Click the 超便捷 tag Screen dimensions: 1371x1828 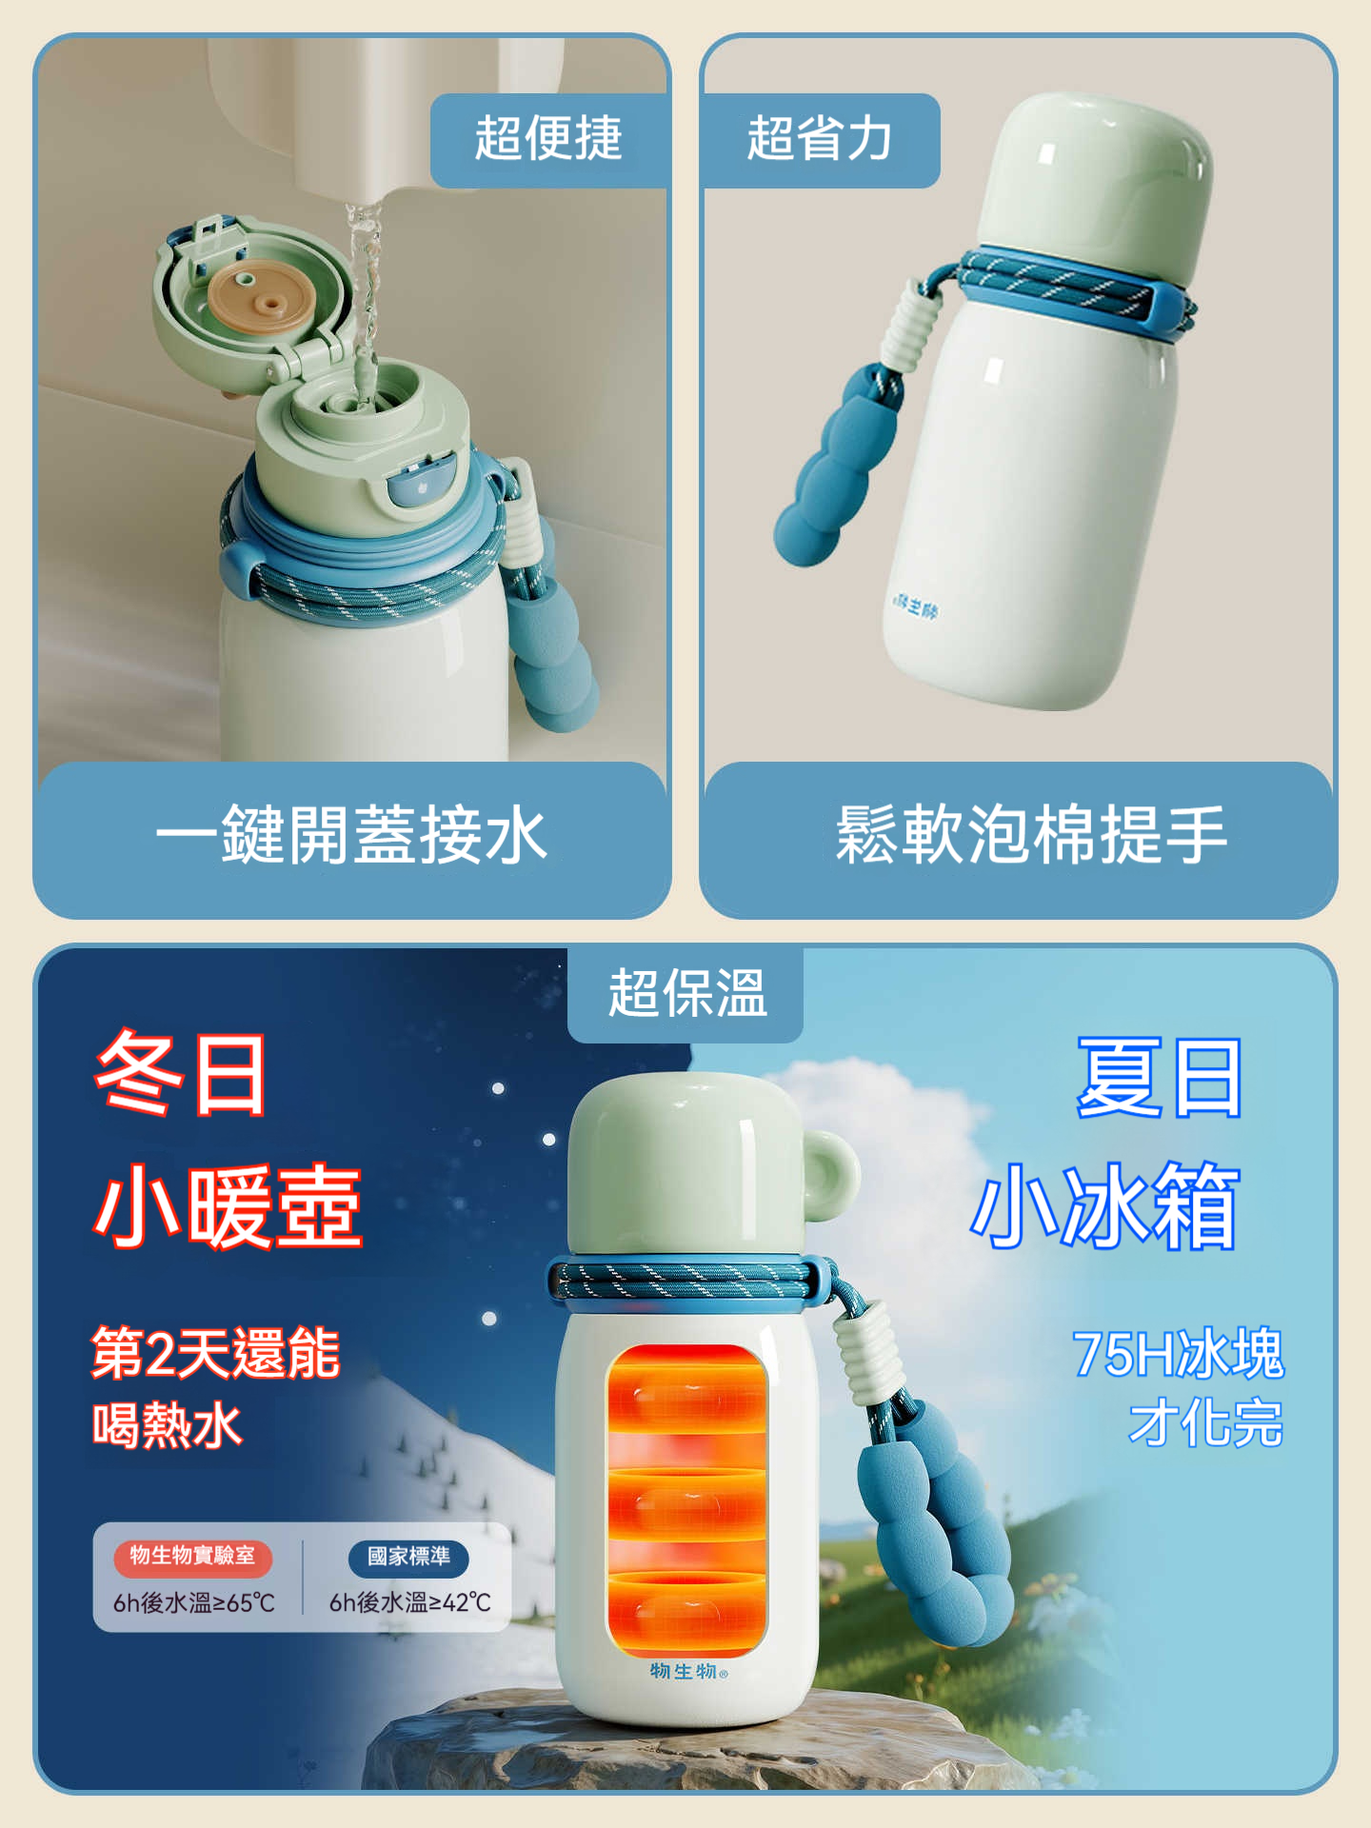tap(548, 139)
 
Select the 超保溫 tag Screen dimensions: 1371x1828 tap(686, 994)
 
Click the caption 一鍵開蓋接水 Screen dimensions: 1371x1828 tap(351, 835)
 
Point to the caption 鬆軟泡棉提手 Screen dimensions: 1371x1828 tap(1031, 835)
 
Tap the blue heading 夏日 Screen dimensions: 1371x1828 tap(1160, 1078)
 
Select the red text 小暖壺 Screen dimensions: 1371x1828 tap(228, 1205)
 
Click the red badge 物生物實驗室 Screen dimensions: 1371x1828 tap(192, 1556)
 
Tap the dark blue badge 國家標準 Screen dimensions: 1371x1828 tap(408, 1556)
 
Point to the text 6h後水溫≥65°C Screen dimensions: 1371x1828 tap(193, 1603)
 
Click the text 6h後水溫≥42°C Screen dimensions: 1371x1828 tap(410, 1603)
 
